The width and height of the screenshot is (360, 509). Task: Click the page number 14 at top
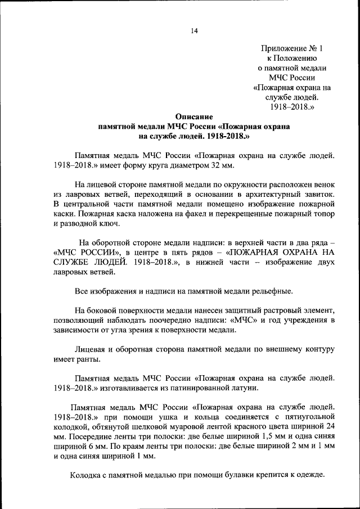coord(193,30)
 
